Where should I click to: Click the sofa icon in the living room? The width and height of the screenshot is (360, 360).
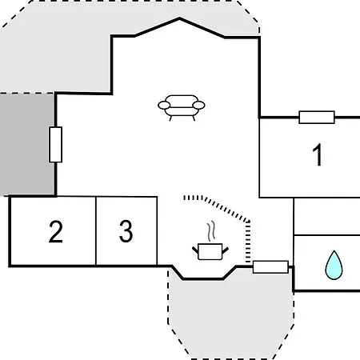coord(182,107)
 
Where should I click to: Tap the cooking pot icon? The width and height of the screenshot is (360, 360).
coord(210,251)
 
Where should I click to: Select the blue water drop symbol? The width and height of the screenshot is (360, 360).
coord(334,265)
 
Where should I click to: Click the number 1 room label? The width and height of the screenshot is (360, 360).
coord(318,154)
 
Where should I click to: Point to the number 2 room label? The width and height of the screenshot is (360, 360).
coord(56,231)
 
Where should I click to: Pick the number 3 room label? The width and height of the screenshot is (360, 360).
coord(126,231)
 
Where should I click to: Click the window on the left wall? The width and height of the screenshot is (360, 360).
coord(55,145)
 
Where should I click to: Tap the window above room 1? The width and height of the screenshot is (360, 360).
coord(317,118)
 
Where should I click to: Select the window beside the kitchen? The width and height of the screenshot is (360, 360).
coord(270,267)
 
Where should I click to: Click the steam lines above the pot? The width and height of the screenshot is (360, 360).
coord(211,231)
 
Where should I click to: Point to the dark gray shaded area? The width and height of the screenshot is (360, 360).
coord(26,145)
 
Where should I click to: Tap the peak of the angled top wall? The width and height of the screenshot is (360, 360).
coord(179,18)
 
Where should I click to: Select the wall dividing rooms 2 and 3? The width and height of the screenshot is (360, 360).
coord(96,231)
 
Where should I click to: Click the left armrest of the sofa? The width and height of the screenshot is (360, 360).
coord(164,105)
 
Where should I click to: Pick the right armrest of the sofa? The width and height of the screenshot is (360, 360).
coord(198,105)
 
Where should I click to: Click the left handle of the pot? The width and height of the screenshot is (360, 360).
coord(195,250)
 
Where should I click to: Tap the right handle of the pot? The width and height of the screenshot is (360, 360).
coord(226,250)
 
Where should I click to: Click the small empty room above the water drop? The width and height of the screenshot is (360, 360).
coord(327,217)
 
